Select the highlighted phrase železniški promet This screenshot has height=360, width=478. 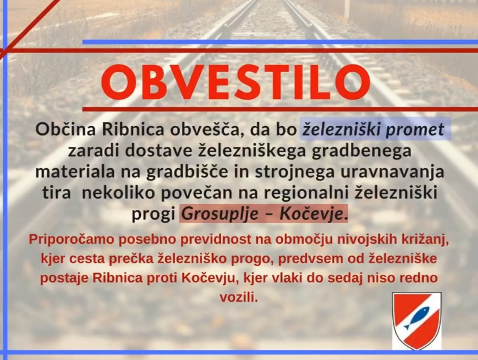coord(375,129)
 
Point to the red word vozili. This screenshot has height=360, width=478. coord(239,297)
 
